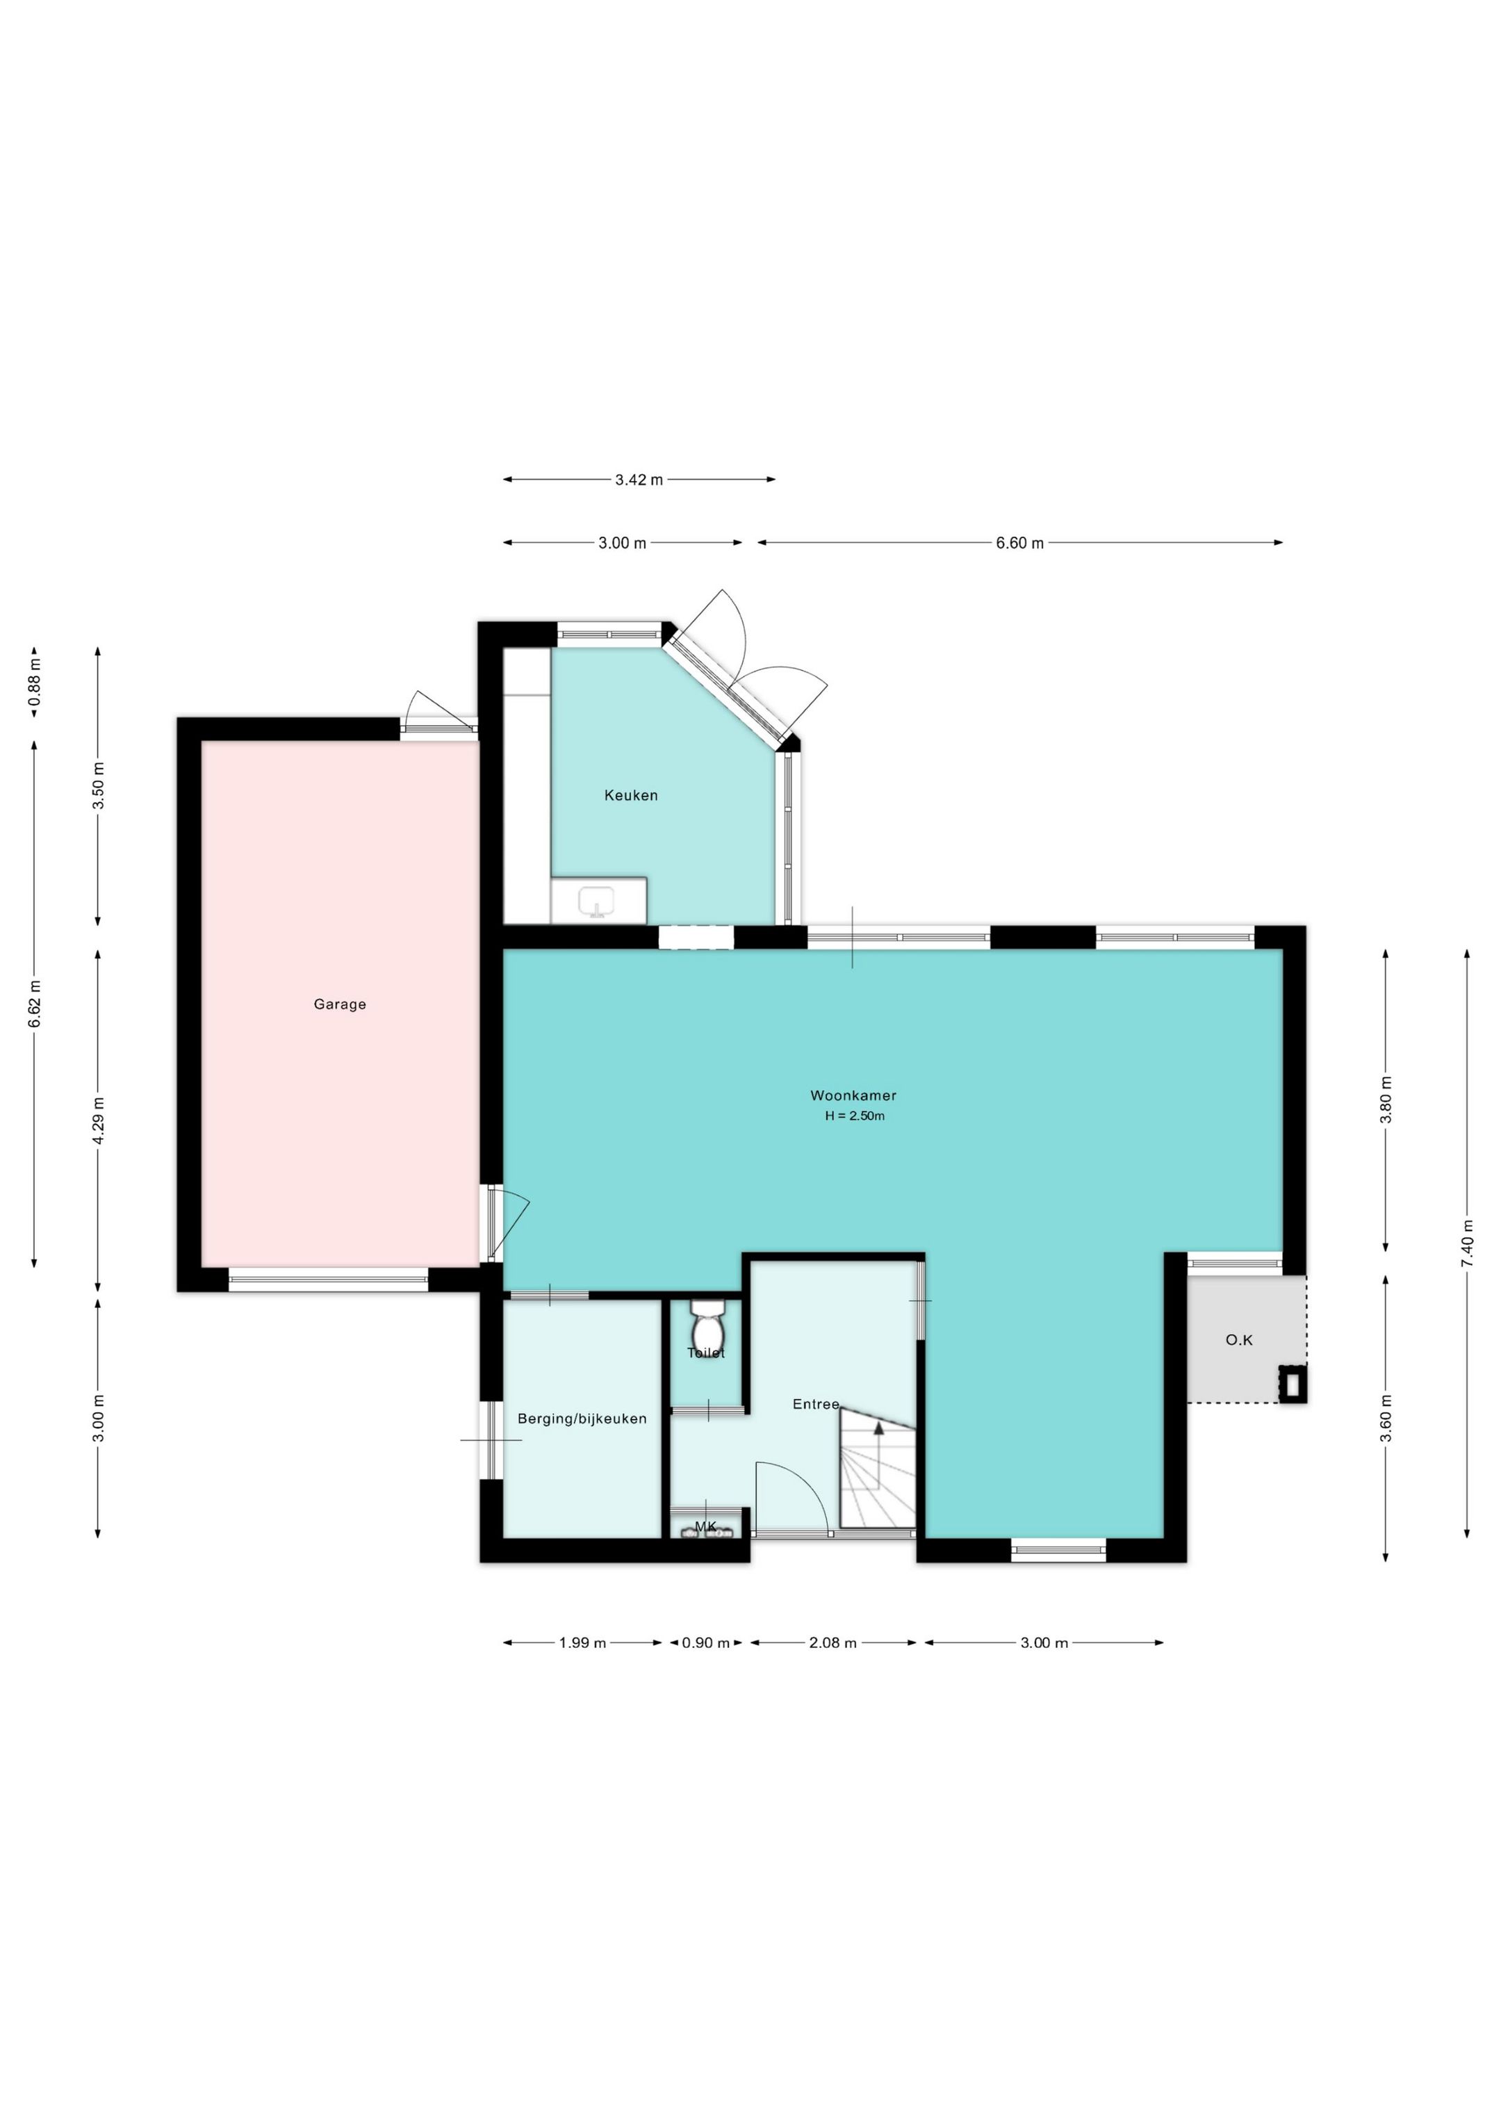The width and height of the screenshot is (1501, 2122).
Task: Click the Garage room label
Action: point(339,1004)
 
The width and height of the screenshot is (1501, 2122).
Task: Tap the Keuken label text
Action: point(631,795)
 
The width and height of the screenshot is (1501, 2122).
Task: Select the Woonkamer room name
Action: point(853,1095)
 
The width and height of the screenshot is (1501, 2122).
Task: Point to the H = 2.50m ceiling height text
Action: point(855,1116)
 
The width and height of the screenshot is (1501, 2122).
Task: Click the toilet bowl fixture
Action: point(707,1327)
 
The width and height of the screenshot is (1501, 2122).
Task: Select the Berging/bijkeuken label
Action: point(582,1419)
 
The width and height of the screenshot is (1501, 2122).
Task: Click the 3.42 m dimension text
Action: point(639,480)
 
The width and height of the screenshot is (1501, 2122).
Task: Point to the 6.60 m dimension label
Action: point(1019,544)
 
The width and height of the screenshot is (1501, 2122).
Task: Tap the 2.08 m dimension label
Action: point(832,1642)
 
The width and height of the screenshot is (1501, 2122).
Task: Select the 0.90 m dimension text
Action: point(706,1642)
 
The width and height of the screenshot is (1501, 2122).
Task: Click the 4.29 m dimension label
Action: point(98,1120)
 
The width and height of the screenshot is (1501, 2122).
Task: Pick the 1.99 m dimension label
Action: point(582,1642)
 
